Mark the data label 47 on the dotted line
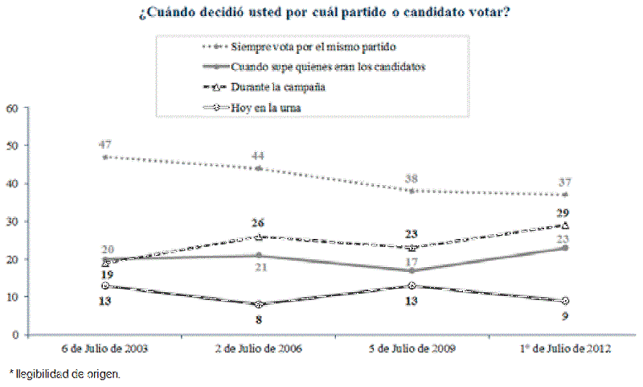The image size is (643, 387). (x=105, y=144)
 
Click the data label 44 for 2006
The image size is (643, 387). (x=258, y=155)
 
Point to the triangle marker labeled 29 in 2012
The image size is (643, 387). (x=565, y=225)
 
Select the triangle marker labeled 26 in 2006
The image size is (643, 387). (x=259, y=237)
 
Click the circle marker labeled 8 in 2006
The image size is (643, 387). (x=259, y=304)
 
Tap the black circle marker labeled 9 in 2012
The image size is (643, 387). (x=565, y=301)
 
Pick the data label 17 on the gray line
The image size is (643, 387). (x=412, y=285)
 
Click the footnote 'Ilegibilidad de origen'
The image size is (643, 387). (x=64, y=374)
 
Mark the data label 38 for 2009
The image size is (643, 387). (x=412, y=179)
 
